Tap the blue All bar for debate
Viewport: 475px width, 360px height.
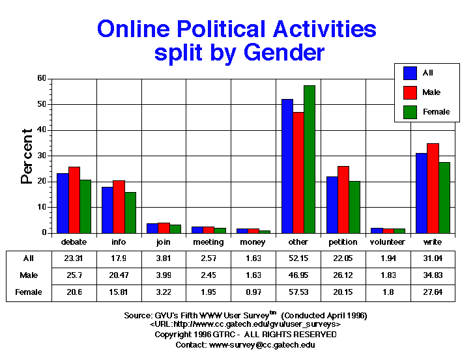point(63,203)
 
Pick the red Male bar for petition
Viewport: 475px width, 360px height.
point(343,199)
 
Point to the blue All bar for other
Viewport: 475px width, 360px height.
point(287,166)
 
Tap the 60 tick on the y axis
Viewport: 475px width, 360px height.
point(42,78)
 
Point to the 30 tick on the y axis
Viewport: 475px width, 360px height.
point(42,156)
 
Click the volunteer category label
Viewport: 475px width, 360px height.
point(388,242)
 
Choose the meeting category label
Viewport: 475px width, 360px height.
point(209,242)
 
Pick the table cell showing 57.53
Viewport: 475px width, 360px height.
point(298,293)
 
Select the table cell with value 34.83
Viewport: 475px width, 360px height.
point(433,275)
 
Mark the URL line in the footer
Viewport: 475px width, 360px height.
point(245,324)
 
